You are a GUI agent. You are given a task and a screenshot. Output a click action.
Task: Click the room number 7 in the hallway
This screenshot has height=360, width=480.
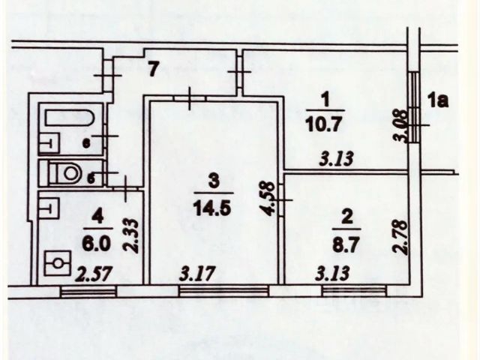(152, 70)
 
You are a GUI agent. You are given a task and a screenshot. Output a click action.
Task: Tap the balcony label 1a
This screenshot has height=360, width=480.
(438, 99)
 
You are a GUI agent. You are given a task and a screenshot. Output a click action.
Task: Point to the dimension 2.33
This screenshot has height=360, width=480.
(128, 234)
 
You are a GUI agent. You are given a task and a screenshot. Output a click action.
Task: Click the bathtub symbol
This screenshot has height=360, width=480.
(69, 118)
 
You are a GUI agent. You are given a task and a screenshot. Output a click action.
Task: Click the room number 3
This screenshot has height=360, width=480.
(213, 179)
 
